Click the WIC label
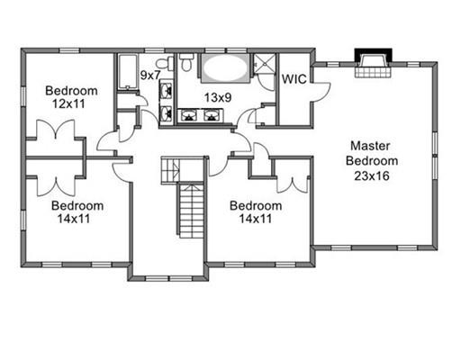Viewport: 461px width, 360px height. [x=294, y=79]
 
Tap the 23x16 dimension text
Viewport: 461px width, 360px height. [x=372, y=175]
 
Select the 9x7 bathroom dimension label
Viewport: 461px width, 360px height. [x=150, y=76]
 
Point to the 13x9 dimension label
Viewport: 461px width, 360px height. [x=218, y=97]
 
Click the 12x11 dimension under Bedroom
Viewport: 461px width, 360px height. [x=68, y=104]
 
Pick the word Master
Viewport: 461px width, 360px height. [x=370, y=146]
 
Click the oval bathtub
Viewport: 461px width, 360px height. [x=225, y=67]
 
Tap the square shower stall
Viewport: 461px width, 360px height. [x=265, y=63]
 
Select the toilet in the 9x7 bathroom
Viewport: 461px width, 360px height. [x=165, y=63]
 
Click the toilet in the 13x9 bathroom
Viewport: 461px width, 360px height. [x=186, y=62]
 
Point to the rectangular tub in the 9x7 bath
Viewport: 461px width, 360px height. [x=127, y=72]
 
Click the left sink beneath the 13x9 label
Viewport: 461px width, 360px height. [x=188, y=116]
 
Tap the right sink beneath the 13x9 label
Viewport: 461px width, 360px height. [x=212, y=116]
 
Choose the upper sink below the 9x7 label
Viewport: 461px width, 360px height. [x=166, y=90]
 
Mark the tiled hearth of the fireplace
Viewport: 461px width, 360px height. [x=374, y=72]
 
